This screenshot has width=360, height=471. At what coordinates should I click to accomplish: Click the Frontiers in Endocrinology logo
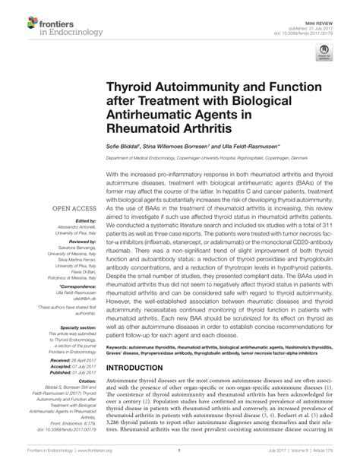[x=46, y=26]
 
